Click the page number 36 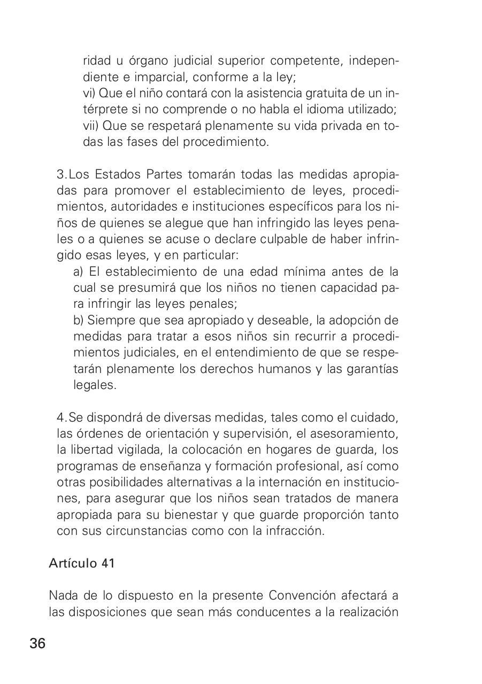click(x=37, y=643)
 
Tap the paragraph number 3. click(x=60, y=175)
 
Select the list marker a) click(x=78, y=272)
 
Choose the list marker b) click(x=78, y=320)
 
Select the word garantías click(x=373, y=369)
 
